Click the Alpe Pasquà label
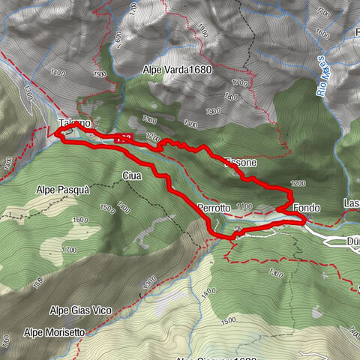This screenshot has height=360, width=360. [x=63, y=190]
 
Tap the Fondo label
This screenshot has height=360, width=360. [x=307, y=207]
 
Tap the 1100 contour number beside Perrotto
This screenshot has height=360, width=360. [x=244, y=205]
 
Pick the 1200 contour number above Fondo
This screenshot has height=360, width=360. [x=298, y=183]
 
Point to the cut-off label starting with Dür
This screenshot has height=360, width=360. [x=353, y=241]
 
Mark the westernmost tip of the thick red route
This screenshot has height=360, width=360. [x=55, y=133]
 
